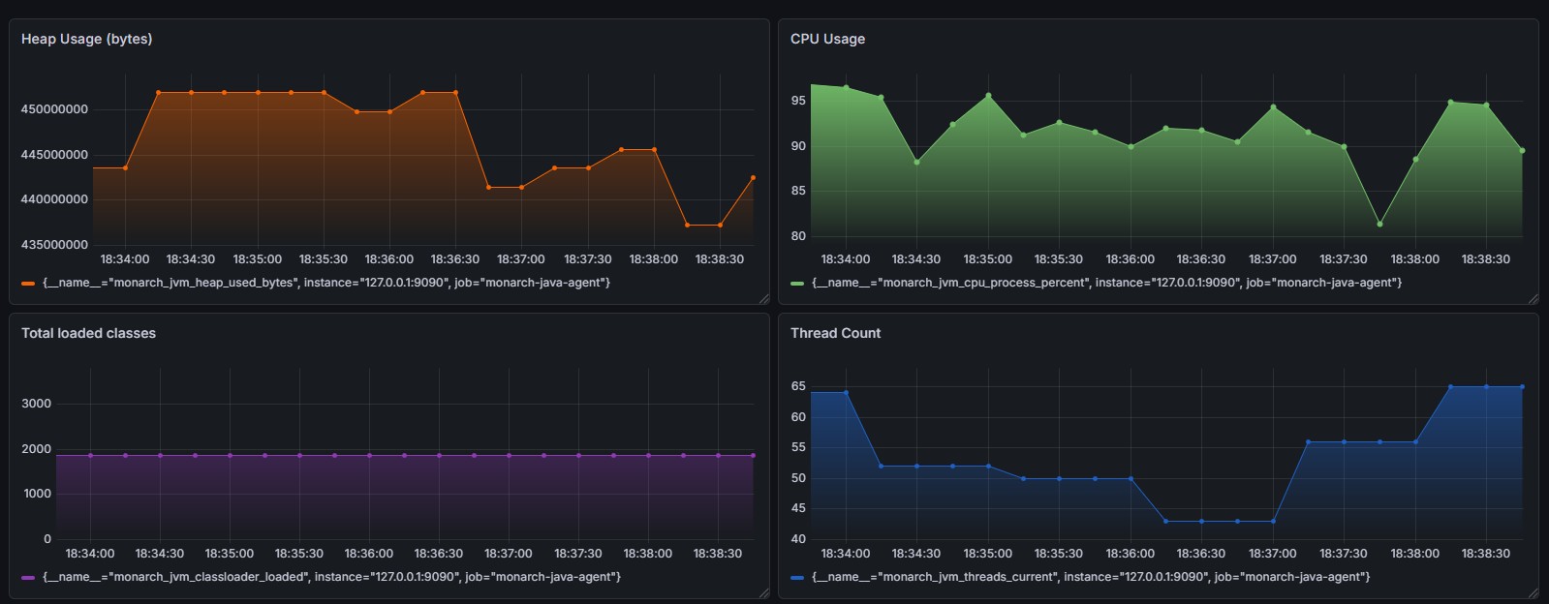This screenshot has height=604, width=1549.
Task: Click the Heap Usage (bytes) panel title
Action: coord(86,39)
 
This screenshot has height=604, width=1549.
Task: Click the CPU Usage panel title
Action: coord(827,39)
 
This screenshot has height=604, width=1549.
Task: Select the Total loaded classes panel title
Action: coord(88,333)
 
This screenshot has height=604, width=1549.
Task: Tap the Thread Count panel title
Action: coord(835,333)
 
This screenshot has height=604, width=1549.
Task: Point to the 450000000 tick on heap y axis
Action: coord(54,109)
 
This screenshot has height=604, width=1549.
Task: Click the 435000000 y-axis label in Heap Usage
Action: coord(54,245)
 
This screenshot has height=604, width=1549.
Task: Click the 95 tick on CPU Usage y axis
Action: coord(798,101)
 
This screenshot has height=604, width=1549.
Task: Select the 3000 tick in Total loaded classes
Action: coord(37,404)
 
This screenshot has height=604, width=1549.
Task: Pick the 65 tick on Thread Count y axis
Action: coord(798,386)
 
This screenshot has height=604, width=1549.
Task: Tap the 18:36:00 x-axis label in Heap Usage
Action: coord(388,259)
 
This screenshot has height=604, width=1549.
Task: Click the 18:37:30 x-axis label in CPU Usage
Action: coord(1344,259)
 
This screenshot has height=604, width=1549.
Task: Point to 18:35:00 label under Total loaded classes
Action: coord(229,554)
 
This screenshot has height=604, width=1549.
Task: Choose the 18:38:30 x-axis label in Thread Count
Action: coord(1485,554)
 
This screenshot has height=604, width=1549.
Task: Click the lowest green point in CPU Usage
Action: coord(1379,225)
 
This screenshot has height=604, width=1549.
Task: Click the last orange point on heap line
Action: coord(753,178)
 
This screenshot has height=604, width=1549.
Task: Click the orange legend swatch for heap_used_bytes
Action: coord(28,284)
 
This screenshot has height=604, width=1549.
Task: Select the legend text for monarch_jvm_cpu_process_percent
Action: coord(1107,283)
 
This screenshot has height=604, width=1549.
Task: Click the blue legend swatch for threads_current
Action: coord(797,578)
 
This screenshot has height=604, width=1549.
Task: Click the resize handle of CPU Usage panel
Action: coord(1533,299)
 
